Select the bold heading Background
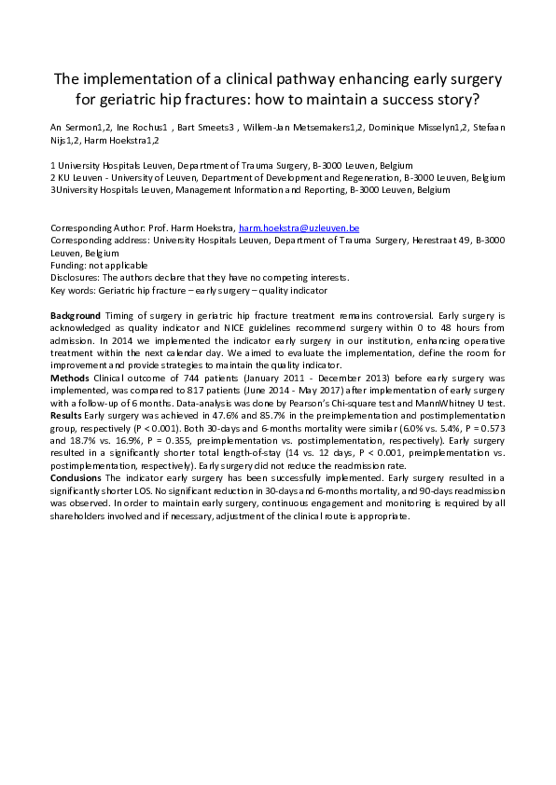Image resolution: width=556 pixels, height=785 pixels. [x=75, y=317]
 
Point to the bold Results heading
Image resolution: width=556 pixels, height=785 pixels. [x=66, y=414]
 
